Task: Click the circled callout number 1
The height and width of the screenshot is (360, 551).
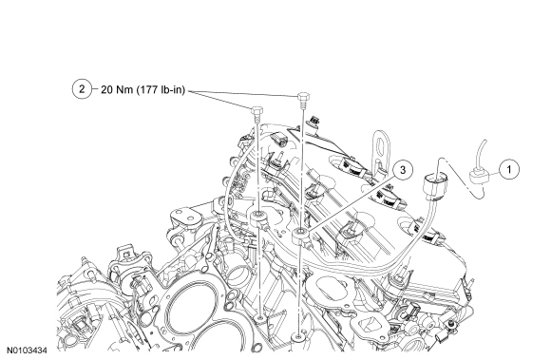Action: pos(509,169)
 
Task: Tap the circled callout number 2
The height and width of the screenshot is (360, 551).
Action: pos(82,89)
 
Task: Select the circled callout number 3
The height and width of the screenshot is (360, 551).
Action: pos(403,170)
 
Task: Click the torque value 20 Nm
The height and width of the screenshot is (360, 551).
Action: pos(117,89)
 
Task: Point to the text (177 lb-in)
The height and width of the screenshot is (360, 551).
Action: pos(161,90)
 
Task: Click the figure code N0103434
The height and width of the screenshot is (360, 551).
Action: pos(27,351)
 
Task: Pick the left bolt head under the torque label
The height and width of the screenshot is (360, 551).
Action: pos(256,110)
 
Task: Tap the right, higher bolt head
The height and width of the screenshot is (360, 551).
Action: pos(303,97)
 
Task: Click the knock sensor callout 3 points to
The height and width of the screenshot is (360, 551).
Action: pos(300,235)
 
